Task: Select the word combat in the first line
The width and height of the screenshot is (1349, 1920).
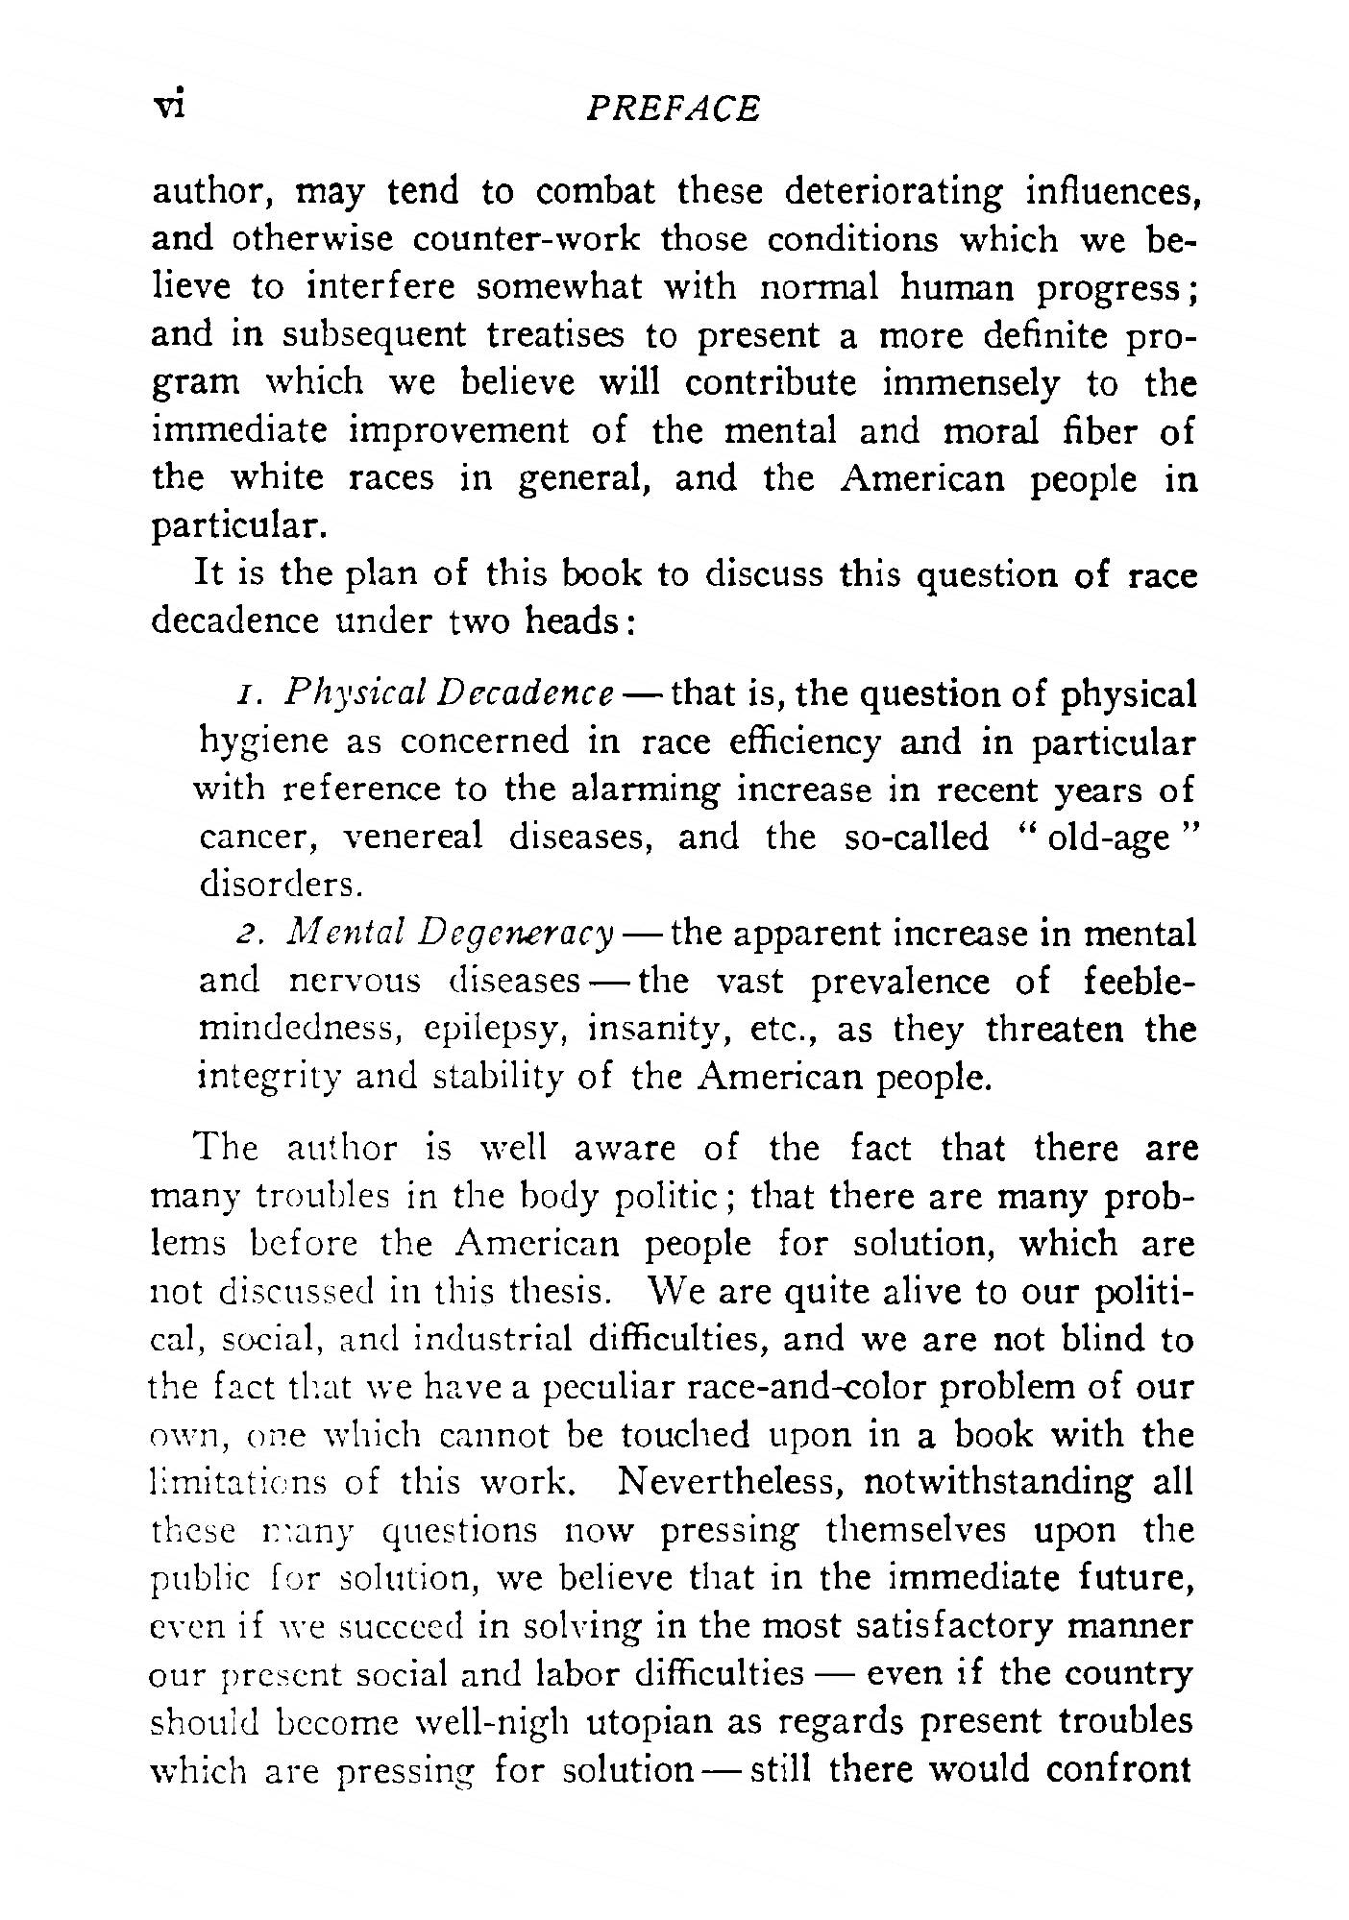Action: pos(596,192)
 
